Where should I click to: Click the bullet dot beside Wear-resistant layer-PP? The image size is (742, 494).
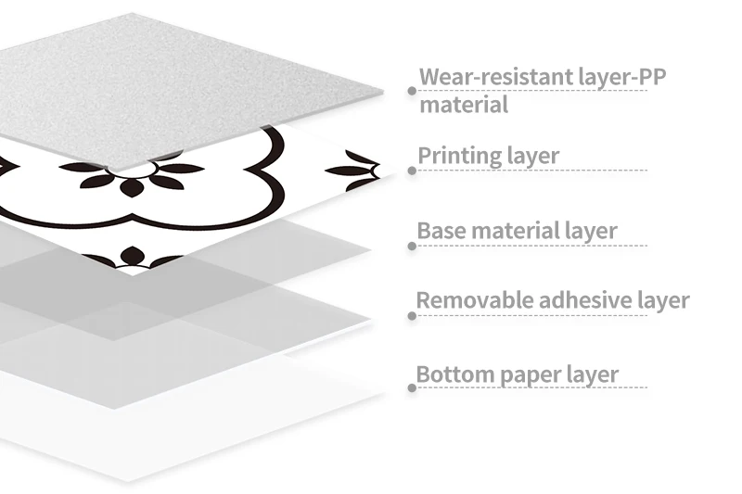[411, 91]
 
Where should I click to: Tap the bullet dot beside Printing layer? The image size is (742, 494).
[411, 170]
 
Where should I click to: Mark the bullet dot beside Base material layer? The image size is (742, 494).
[411, 246]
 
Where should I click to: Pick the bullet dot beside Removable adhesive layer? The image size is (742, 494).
[411, 316]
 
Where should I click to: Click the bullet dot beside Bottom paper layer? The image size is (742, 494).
[411, 388]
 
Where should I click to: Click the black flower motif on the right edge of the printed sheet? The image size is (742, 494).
[355, 171]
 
